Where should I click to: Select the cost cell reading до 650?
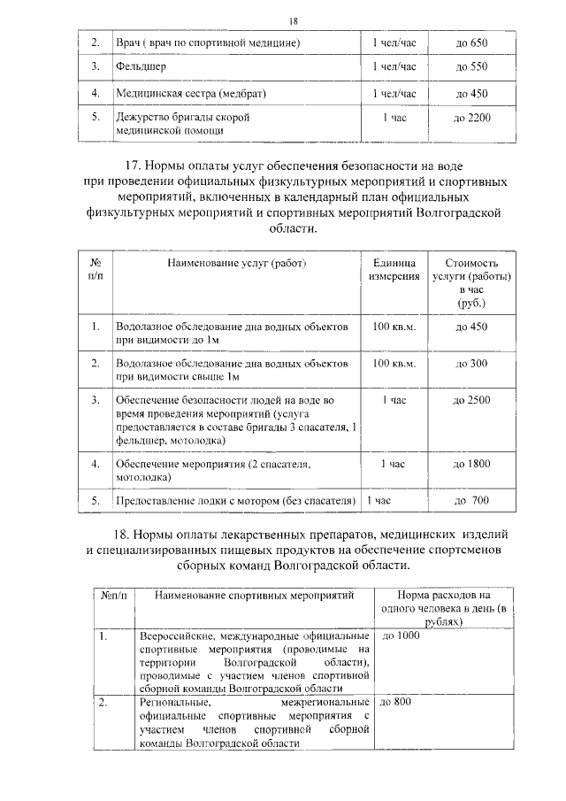(x=471, y=43)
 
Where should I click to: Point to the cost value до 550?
(x=471, y=66)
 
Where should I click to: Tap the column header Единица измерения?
(x=394, y=270)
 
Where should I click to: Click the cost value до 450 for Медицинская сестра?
(x=471, y=93)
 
